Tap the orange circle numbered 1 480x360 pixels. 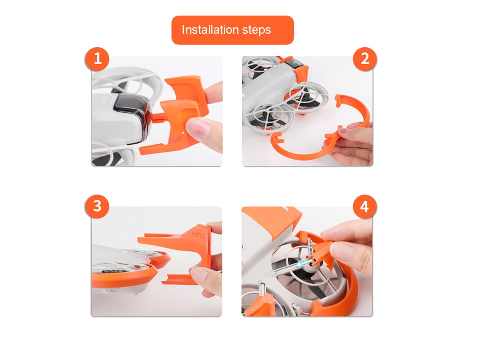(x=97, y=59)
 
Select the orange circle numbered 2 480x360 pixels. (x=365, y=59)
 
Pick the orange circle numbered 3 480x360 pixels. (x=97, y=206)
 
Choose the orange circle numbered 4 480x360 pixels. (x=365, y=207)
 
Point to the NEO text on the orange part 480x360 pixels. (x=198, y=235)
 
